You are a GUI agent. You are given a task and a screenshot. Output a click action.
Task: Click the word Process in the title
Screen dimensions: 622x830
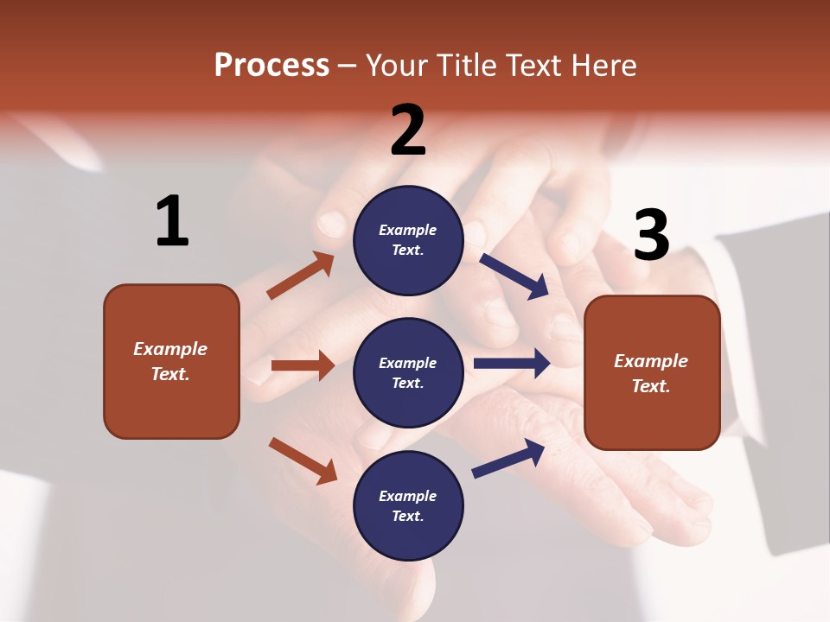point(271,65)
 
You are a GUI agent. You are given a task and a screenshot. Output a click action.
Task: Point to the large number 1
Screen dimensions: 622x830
point(171,222)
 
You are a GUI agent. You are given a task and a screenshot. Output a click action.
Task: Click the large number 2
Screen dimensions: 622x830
point(408,130)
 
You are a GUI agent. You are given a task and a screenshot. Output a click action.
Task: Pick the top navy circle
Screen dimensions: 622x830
point(408,240)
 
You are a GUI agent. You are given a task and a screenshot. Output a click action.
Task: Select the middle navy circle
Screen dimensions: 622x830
point(408,372)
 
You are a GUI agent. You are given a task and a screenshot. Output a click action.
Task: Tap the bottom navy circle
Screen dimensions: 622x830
point(408,505)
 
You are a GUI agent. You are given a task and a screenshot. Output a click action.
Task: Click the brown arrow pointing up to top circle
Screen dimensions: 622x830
point(301,276)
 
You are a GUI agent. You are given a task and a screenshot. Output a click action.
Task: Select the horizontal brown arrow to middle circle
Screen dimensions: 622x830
point(303,365)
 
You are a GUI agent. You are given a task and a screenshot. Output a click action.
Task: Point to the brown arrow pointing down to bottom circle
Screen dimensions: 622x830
point(303,460)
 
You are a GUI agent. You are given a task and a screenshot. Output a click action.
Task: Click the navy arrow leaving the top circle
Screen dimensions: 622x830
point(514,276)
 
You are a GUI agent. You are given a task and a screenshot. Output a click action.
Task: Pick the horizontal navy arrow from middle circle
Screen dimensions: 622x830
point(512,363)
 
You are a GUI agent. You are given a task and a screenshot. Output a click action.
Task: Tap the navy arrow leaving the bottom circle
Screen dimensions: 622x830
point(508,458)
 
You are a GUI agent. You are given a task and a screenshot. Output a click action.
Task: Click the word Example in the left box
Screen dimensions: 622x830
point(170,349)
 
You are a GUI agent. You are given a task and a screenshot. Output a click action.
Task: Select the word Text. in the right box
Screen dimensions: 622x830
point(651,386)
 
